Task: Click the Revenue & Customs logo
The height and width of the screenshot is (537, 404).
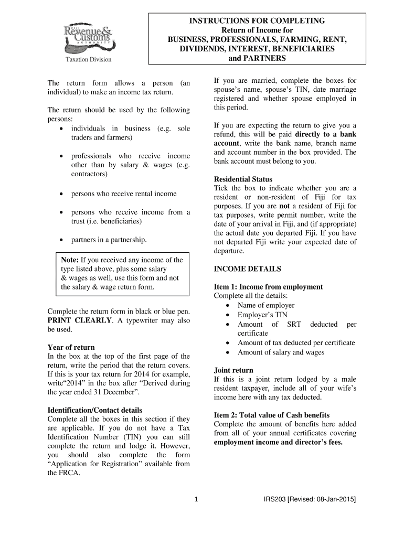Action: [x=88, y=36]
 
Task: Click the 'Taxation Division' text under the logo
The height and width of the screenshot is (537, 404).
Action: [x=88, y=59]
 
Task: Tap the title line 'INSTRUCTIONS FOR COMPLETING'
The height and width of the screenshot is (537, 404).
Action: [x=257, y=20]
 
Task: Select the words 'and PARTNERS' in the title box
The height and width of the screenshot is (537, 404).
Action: [x=258, y=58]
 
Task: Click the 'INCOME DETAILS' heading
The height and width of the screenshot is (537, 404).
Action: [x=248, y=268]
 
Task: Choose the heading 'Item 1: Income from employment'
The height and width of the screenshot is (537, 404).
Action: [x=269, y=287]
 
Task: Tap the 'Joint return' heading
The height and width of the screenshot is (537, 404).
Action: [x=234, y=370]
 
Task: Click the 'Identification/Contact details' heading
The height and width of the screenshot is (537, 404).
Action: [x=95, y=410]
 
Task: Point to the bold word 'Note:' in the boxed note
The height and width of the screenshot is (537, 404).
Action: [x=70, y=260]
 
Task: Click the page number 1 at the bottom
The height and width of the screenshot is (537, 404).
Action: [x=196, y=500]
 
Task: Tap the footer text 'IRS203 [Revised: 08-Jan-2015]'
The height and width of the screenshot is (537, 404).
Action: [x=310, y=500]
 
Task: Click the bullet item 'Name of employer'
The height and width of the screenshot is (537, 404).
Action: [x=266, y=305]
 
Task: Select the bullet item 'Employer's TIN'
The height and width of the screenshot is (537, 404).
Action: [x=262, y=315]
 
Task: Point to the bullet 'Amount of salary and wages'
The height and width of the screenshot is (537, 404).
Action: [x=281, y=352]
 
